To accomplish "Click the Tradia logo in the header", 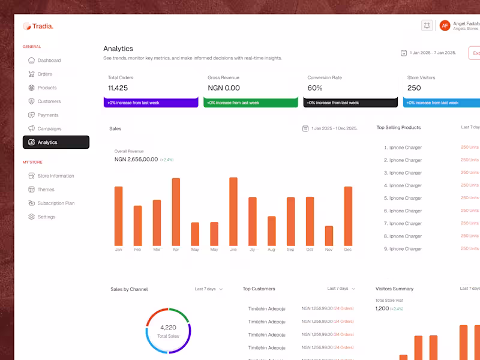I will (38, 26).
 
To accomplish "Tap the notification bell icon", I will (427, 25).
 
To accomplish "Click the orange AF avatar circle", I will (445, 25).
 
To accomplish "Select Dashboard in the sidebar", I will (49, 61).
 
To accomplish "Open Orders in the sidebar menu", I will (44, 74).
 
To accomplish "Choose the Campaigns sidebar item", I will (49, 129).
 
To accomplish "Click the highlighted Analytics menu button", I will (56, 142).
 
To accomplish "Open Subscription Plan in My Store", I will (56, 203).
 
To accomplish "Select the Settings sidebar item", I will (46, 217).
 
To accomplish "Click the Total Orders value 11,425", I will (118, 88).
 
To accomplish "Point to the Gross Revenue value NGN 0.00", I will (223, 88).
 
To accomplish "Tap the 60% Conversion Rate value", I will (314, 88).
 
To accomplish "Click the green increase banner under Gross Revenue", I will (250, 103).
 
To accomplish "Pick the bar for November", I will (329, 235).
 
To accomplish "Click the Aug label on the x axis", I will (271, 250).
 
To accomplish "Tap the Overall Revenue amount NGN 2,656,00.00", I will (136, 160).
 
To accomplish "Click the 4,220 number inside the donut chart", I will (168, 328).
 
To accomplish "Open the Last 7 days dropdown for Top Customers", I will (341, 289).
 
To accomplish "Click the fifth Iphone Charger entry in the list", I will (405, 198).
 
